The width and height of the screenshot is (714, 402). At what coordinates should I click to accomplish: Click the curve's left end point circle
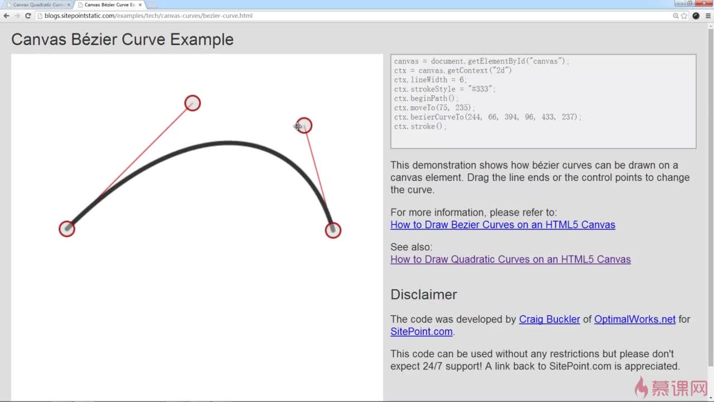pyautogui.click(x=67, y=229)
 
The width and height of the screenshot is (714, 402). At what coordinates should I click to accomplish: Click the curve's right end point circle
pyautogui.click(x=333, y=230)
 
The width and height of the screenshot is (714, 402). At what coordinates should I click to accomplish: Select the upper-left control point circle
pyautogui.click(x=192, y=103)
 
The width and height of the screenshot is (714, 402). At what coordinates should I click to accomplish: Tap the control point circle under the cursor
pyautogui.click(x=304, y=126)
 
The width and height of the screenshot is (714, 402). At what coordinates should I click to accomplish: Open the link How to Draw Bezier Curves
pyautogui.click(x=503, y=224)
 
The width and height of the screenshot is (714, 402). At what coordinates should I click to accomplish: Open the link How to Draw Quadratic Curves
pyautogui.click(x=510, y=259)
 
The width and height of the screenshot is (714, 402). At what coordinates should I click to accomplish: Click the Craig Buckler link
pyautogui.click(x=549, y=319)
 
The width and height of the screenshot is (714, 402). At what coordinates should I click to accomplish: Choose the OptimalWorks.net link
pyautogui.click(x=635, y=319)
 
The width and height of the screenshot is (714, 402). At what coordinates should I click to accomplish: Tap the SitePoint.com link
pyautogui.click(x=421, y=332)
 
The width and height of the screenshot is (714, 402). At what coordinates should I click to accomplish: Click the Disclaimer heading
pyautogui.click(x=423, y=294)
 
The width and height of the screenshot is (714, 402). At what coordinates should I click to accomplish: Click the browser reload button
pyautogui.click(x=28, y=16)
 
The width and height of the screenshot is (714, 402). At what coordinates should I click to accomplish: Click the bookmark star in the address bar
pyautogui.click(x=684, y=16)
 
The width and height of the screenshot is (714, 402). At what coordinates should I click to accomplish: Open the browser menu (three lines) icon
pyautogui.click(x=708, y=16)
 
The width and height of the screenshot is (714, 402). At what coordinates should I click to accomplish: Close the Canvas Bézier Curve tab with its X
pyautogui.click(x=140, y=5)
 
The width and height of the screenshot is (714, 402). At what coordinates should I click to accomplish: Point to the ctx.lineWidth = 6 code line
pyautogui.click(x=430, y=80)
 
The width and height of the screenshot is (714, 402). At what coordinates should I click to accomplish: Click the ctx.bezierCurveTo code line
pyautogui.click(x=488, y=117)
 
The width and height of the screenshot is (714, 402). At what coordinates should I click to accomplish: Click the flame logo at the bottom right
pyautogui.click(x=641, y=386)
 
